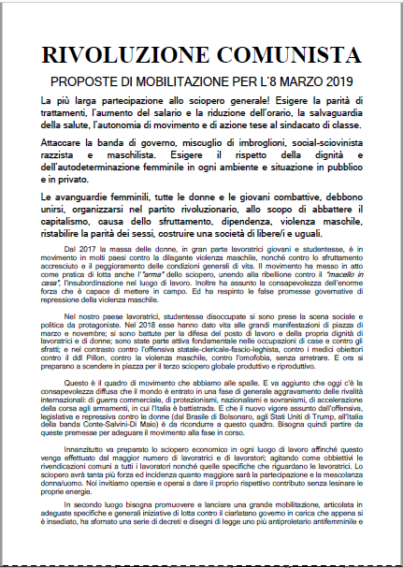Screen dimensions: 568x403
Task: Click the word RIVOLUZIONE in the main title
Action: click(133, 54)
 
